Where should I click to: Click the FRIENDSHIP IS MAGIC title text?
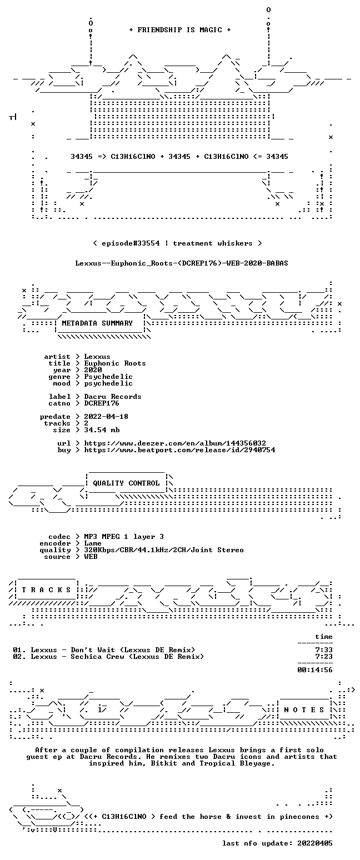click(179, 30)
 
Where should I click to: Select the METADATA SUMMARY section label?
click(97, 323)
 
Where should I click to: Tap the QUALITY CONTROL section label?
click(126, 483)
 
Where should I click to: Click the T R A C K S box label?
click(47, 589)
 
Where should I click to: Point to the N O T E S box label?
click(304, 710)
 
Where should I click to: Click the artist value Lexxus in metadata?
click(97, 357)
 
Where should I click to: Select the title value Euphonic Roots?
click(115, 363)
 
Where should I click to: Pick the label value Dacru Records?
click(112, 397)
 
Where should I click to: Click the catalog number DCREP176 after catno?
click(102, 403)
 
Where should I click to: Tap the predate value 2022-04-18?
click(106, 417)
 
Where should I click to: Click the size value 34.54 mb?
click(102, 430)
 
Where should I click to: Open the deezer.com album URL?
click(175, 443)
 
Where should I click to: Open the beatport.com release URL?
click(179, 450)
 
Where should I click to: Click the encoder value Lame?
click(93, 543)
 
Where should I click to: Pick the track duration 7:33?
click(324, 650)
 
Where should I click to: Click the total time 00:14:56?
click(315, 670)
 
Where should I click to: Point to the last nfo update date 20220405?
click(315, 843)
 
